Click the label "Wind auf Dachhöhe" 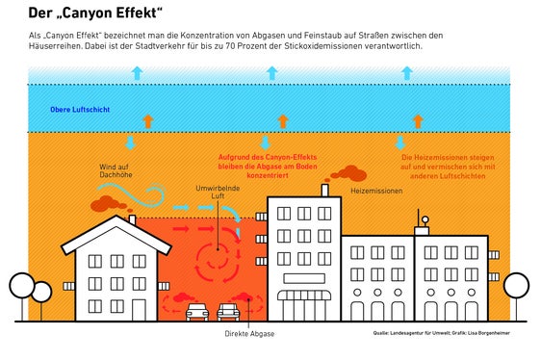click(x=115, y=172)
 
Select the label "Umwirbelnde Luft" click(x=211, y=192)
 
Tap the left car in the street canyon click(x=197, y=312)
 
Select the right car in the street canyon click(x=229, y=312)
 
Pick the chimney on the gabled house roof click(x=132, y=220)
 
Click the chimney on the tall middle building click(x=325, y=191)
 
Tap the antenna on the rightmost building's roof click(x=421, y=223)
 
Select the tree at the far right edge click(x=518, y=286)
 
